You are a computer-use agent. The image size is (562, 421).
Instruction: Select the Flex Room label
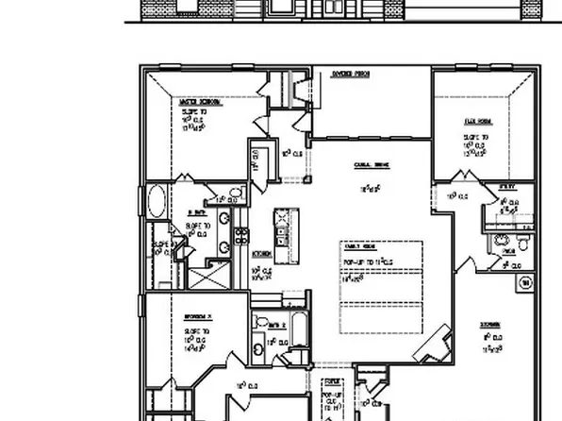[x=477, y=121]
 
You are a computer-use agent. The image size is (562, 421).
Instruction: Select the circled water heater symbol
[x=525, y=281]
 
